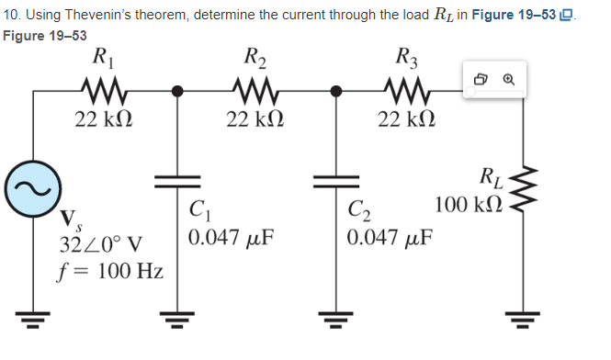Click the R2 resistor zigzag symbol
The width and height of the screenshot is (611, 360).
pyautogui.click(x=255, y=91)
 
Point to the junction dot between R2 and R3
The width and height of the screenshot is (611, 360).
pyautogui.click(x=335, y=91)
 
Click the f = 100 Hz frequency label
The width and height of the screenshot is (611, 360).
pyautogui.click(x=110, y=272)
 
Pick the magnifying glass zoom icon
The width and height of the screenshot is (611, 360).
pyautogui.click(x=508, y=81)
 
